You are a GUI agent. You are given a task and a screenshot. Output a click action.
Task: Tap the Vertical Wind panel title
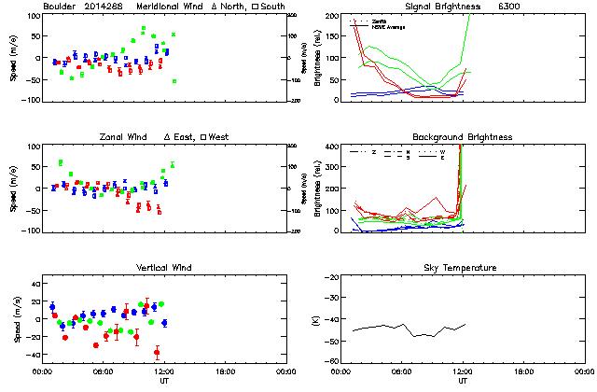pyautogui.click(x=164, y=268)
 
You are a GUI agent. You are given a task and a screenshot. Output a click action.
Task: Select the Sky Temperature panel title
pyautogui.click(x=462, y=268)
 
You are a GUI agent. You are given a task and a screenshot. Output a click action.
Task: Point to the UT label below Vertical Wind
pyautogui.click(x=164, y=380)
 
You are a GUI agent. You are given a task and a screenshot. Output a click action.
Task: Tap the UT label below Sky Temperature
pyautogui.click(x=463, y=380)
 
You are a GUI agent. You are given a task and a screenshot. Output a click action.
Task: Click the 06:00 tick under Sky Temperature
pyautogui.click(x=401, y=371)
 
